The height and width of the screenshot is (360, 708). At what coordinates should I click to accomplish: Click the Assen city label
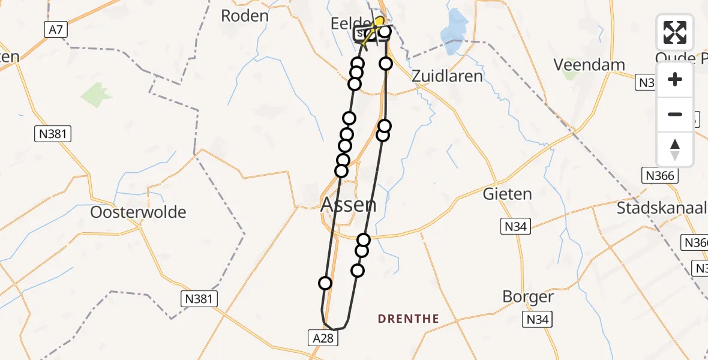[349, 205]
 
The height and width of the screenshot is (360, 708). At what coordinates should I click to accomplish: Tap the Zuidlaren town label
[448, 76]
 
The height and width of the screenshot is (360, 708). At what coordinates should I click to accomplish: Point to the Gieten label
[507, 194]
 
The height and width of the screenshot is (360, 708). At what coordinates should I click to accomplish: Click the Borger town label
[528, 298]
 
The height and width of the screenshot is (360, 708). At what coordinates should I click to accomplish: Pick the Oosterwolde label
[138, 212]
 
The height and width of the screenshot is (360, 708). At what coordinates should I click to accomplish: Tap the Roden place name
[244, 16]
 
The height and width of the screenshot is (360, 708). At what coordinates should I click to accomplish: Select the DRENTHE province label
[409, 319]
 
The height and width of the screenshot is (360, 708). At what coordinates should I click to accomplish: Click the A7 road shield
[55, 28]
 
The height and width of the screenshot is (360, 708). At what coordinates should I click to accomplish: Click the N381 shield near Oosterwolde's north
[52, 134]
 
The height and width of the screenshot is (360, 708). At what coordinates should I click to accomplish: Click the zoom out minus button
[675, 114]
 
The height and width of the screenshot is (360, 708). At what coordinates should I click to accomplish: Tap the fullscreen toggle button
[675, 32]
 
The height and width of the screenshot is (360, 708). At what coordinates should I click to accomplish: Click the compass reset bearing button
[675, 149]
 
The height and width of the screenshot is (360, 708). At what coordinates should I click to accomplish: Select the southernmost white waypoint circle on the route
[325, 283]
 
